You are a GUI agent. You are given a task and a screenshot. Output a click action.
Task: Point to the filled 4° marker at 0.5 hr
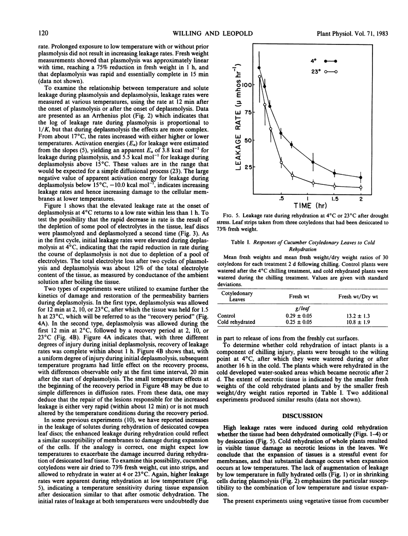(x=281, y=133)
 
